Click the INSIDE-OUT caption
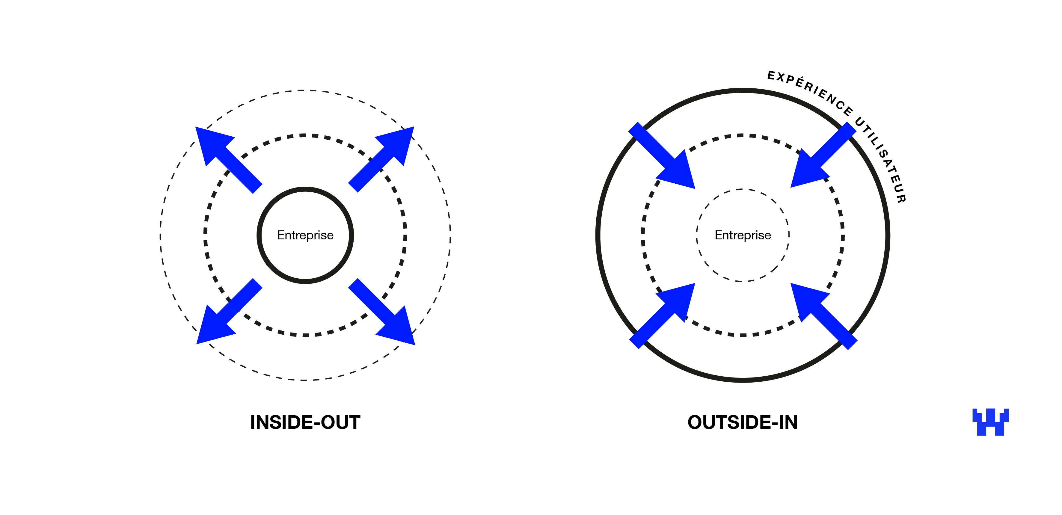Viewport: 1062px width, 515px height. [305, 422]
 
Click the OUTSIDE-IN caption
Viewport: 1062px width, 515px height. [743, 422]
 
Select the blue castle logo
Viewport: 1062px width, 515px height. [990, 422]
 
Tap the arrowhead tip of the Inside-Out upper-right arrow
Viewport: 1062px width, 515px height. [413, 127]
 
